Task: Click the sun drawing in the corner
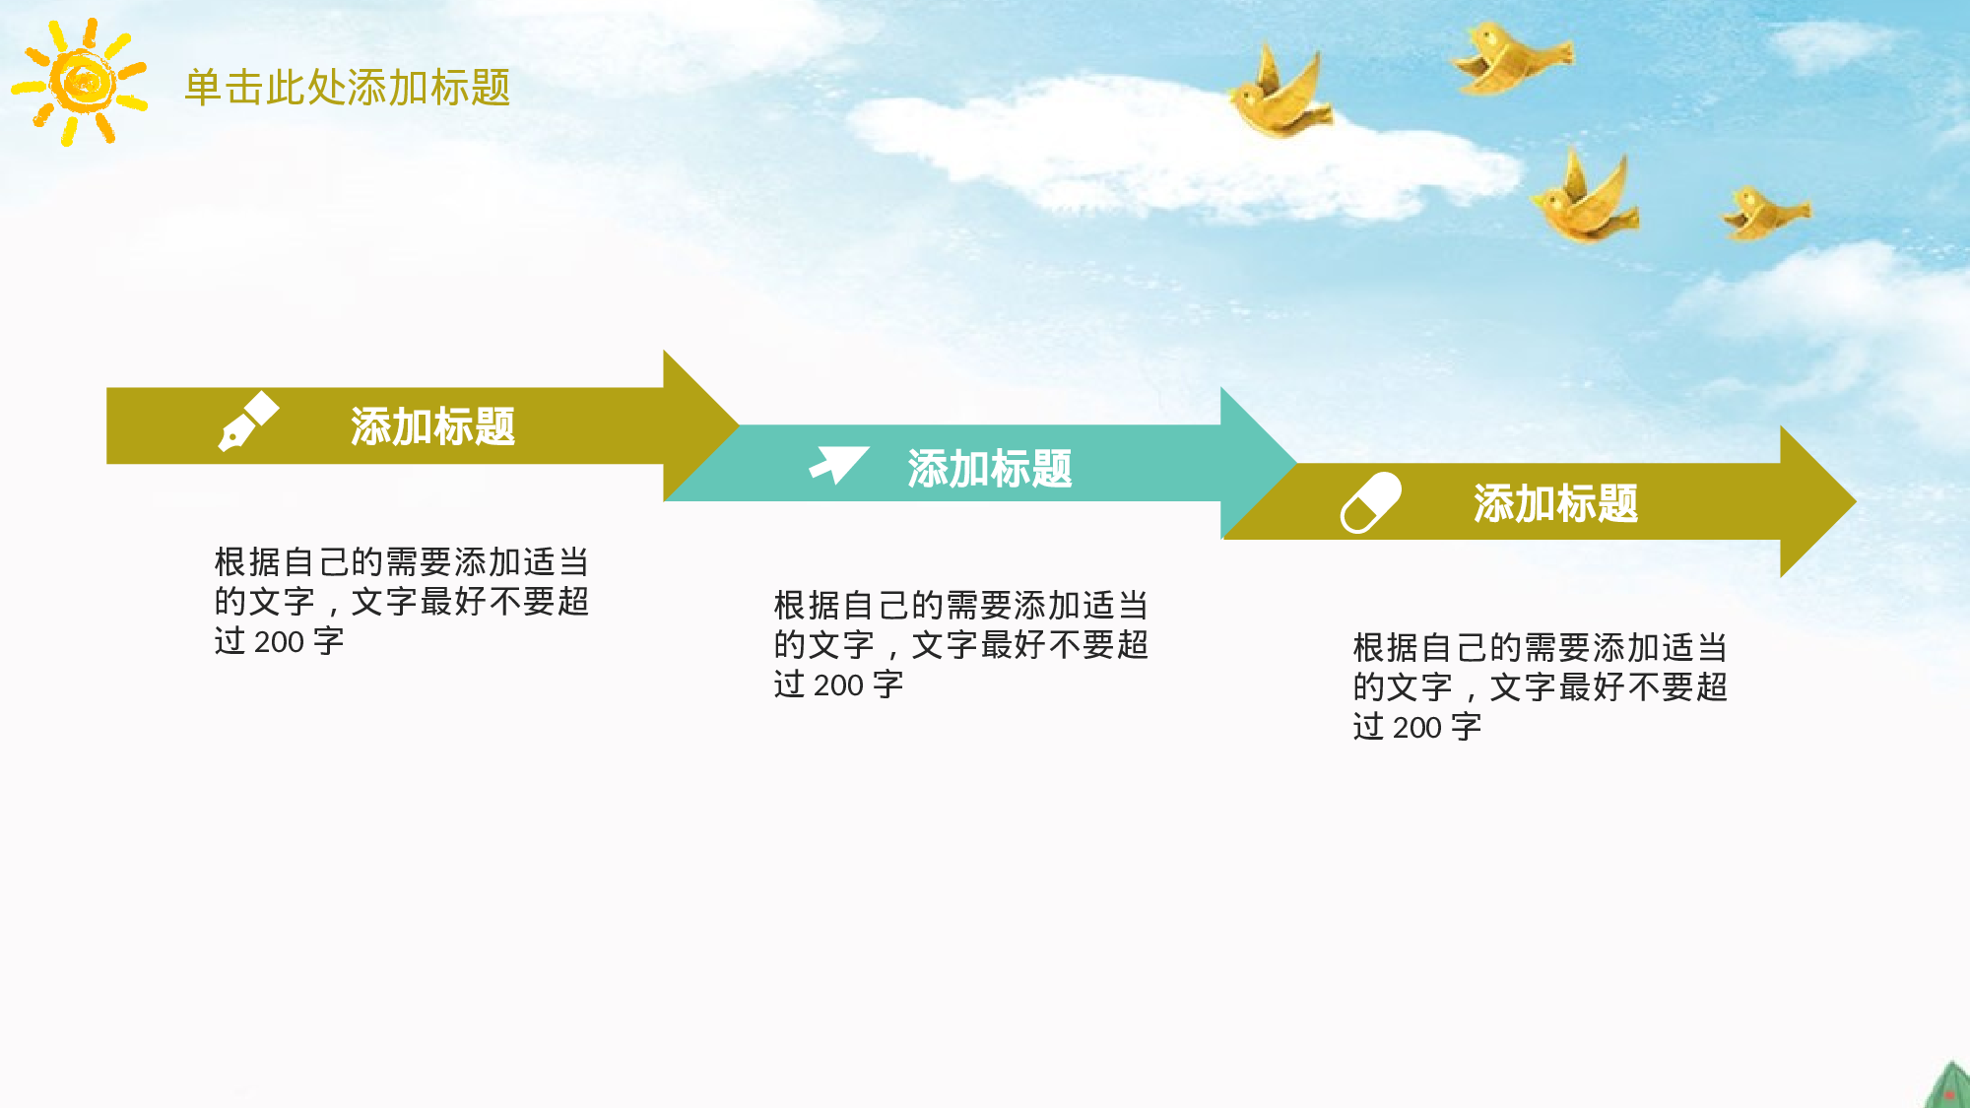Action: click(81, 82)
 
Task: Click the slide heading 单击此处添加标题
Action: click(347, 88)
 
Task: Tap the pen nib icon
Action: click(247, 422)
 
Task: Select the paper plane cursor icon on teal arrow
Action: click(838, 464)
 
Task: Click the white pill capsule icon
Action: click(1370, 502)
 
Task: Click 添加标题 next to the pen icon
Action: click(432, 426)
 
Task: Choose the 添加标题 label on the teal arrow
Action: click(989, 469)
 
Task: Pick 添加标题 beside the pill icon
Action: click(1555, 504)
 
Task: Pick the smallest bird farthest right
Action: click(1764, 213)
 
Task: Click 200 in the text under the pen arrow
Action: click(279, 642)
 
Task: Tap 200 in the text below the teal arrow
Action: click(838, 685)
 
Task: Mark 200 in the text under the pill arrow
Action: click(1417, 728)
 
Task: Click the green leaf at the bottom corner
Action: click(1949, 1087)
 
